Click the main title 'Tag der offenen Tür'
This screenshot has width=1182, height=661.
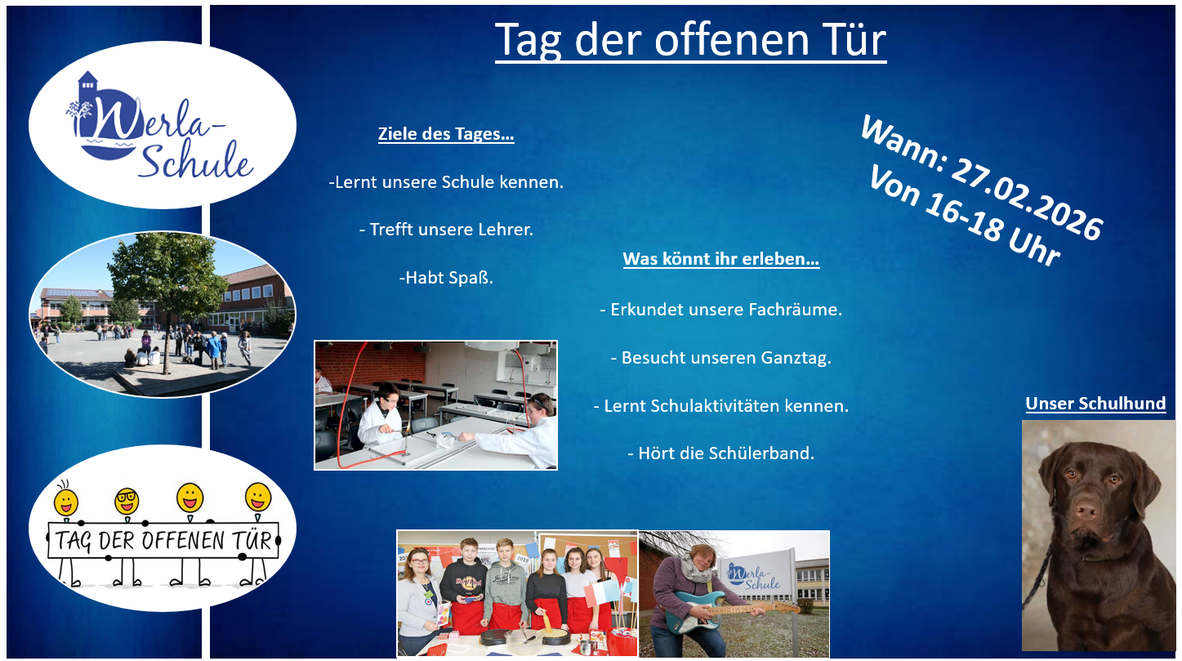pyautogui.click(x=690, y=40)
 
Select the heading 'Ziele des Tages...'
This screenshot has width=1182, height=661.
pyautogui.click(x=446, y=134)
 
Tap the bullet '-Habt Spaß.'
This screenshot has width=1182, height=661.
pyautogui.click(x=446, y=278)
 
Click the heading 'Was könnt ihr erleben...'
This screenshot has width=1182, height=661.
pyautogui.click(x=720, y=259)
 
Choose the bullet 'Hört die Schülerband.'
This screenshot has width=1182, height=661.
pyautogui.click(x=720, y=453)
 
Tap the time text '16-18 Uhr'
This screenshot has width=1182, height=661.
pyautogui.click(x=992, y=230)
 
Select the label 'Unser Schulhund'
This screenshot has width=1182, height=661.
pyautogui.click(x=1095, y=404)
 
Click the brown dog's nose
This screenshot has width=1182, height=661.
pyautogui.click(x=1086, y=510)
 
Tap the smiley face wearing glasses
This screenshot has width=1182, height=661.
pyautogui.click(x=127, y=501)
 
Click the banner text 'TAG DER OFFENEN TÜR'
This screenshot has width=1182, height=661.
pyautogui.click(x=163, y=540)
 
